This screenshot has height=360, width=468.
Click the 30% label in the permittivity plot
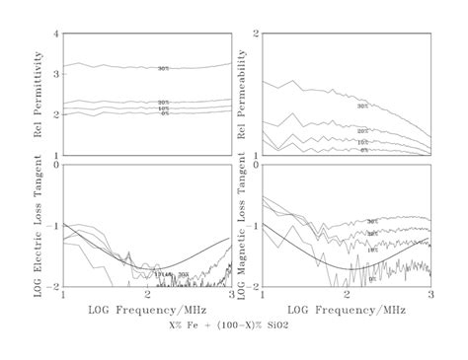[163, 68]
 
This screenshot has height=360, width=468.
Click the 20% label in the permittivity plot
[163, 103]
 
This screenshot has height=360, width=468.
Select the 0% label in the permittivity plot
[165, 114]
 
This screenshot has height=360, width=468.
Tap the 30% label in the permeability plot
[362, 106]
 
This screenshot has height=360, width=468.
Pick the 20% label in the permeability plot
[362, 131]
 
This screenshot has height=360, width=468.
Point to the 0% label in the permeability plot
[364, 150]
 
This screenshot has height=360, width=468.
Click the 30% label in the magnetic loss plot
[372, 222]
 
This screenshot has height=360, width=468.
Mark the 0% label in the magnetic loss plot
[372, 279]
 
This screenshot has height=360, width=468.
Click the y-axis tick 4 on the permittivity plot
[57, 35]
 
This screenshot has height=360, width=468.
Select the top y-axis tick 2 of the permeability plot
[255, 35]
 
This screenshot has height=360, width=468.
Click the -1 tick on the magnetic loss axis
[252, 226]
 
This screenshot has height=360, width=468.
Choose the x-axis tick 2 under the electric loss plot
[148, 295]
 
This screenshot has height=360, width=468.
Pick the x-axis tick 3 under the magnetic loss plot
[430, 295]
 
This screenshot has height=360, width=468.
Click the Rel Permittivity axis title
[38, 94]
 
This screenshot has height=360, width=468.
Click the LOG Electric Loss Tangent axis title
[38, 225]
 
